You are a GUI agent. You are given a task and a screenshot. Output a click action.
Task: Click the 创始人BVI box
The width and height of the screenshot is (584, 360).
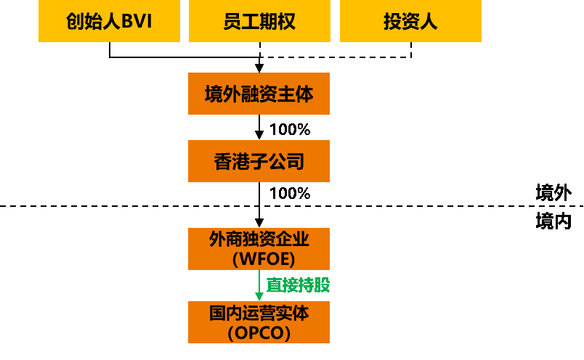(x=109, y=21)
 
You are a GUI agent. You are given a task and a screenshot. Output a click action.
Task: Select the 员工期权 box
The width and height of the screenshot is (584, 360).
(x=259, y=21)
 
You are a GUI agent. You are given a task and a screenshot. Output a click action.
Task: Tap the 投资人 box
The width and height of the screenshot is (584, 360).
(x=410, y=21)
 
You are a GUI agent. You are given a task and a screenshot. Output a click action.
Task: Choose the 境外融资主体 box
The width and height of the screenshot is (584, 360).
(x=259, y=94)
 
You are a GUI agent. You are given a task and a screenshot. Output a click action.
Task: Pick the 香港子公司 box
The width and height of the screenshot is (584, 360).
(x=259, y=161)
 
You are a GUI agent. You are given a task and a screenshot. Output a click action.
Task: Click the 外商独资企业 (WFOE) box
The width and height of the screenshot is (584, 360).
(x=259, y=249)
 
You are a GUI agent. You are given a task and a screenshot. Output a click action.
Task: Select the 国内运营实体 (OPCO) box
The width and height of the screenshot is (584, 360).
(x=259, y=322)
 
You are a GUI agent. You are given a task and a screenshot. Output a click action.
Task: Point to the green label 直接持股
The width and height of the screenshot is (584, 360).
(x=298, y=285)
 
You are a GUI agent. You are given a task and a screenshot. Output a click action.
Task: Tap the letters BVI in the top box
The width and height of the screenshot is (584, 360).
(x=137, y=22)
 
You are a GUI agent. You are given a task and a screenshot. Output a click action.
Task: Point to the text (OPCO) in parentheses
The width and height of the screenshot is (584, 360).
(x=259, y=333)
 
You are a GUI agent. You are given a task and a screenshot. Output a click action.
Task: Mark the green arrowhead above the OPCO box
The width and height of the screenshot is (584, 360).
(x=259, y=297)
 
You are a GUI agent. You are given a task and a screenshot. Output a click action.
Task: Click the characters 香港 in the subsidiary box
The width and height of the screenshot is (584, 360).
(x=232, y=161)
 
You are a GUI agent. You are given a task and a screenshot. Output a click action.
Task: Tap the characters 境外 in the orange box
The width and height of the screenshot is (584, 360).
(x=222, y=94)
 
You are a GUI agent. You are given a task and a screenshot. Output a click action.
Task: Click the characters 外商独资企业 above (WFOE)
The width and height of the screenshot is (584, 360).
(x=259, y=239)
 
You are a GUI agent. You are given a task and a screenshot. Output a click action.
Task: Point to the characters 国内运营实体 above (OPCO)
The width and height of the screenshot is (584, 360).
(x=259, y=313)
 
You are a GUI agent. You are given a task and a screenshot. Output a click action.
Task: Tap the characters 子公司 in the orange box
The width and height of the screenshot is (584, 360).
(x=277, y=161)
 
